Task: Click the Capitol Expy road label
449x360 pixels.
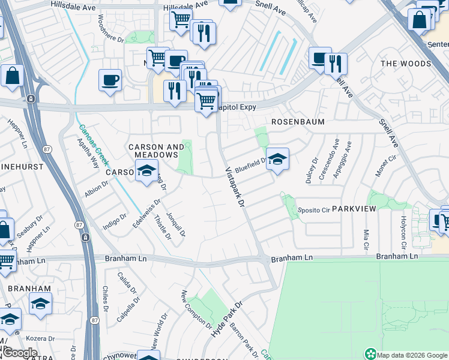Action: (238, 107)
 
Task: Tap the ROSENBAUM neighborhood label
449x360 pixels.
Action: (298, 122)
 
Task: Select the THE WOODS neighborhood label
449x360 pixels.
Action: (406, 64)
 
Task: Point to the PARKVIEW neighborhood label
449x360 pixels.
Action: (354, 209)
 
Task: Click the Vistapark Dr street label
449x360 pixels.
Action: (235, 188)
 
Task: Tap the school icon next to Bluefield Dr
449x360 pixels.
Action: (277, 160)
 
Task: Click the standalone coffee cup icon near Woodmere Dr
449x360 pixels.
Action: (110, 80)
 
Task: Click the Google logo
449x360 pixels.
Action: (20, 353)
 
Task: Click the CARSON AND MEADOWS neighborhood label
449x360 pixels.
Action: (157, 151)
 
